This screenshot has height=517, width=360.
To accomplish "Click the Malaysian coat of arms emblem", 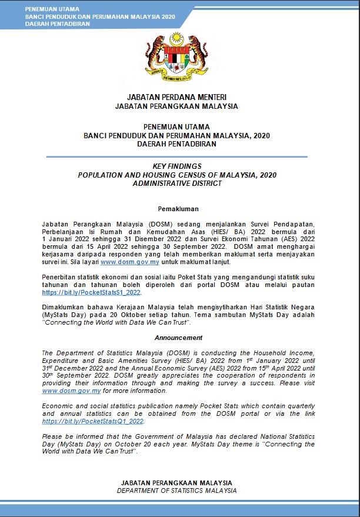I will (176, 58).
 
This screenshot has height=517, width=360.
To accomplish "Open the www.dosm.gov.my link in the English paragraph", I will (68, 391).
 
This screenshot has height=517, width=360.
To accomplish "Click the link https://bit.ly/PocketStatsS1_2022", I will (91, 292).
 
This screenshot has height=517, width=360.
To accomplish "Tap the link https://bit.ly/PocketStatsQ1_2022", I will (93, 421).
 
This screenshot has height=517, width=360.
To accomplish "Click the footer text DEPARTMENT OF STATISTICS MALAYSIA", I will (176, 490).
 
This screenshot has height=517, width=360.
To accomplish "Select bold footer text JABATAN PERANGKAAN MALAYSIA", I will (176, 482).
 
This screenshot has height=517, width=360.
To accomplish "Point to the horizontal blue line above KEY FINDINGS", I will (176, 156).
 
